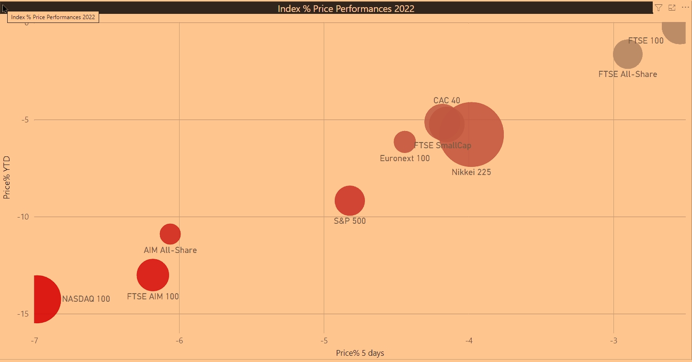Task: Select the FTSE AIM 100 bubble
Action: (x=153, y=275)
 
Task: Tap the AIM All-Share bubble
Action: (x=170, y=234)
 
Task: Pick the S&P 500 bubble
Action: (x=350, y=201)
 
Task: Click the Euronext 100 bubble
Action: (x=404, y=142)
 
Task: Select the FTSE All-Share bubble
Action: (x=627, y=54)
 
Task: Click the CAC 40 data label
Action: (x=446, y=100)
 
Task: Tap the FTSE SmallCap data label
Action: (x=442, y=145)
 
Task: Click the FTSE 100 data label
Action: (x=646, y=41)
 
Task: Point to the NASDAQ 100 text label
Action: (x=86, y=299)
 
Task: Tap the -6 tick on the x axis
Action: (x=179, y=340)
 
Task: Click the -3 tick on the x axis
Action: (x=613, y=340)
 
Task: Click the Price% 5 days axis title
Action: (x=360, y=353)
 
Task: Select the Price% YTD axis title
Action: (x=7, y=177)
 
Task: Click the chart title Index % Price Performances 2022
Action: (x=346, y=9)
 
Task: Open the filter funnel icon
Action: (x=658, y=8)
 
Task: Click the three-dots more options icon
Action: (x=685, y=8)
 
